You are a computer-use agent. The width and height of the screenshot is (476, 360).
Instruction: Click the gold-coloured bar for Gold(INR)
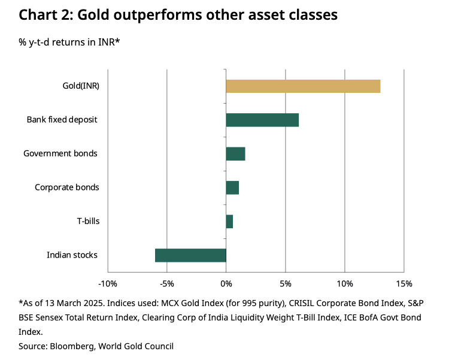point(303,86)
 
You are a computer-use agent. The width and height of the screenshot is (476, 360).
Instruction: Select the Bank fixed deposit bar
point(262,120)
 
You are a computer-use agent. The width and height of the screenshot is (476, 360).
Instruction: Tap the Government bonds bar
point(235,154)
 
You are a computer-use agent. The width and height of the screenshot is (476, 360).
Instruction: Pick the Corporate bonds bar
point(232,187)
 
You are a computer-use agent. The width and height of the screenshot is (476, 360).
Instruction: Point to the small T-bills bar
point(229,221)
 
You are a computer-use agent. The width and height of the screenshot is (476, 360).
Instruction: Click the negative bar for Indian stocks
point(190,255)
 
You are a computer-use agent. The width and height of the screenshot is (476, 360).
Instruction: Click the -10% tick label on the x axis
point(108,283)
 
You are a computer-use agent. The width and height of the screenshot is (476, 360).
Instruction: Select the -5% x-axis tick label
point(166,283)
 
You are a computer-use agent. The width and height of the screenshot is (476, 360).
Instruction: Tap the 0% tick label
point(226,283)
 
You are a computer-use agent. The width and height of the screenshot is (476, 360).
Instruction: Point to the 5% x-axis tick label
point(285,283)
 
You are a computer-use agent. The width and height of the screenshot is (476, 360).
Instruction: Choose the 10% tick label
point(344,283)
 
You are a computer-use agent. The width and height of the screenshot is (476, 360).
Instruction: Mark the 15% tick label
point(404,283)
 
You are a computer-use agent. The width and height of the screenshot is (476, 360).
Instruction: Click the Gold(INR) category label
point(81,86)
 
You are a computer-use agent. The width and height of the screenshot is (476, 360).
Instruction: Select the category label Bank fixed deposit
point(62,120)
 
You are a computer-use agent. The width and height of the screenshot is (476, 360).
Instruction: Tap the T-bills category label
point(88,221)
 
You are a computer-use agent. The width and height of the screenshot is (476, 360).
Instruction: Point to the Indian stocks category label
point(72,255)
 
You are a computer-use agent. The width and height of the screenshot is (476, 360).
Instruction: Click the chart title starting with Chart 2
point(178,16)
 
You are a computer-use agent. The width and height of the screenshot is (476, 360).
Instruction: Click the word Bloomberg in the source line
point(71,346)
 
